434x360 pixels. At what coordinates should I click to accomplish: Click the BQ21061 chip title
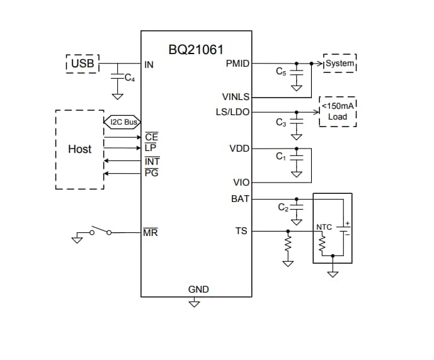(196, 49)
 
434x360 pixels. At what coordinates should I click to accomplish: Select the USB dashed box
(83, 64)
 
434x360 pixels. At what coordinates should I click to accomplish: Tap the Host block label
(79, 149)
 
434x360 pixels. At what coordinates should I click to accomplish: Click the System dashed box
(340, 64)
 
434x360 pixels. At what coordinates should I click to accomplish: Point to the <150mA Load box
(338, 111)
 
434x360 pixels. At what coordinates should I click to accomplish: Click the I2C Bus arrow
(122, 122)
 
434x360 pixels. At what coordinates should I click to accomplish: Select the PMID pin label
(237, 64)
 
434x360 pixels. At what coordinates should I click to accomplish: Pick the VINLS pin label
(236, 98)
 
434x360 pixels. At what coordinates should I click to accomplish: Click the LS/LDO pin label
(232, 112)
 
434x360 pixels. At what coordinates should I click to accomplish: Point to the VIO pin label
(241, 183)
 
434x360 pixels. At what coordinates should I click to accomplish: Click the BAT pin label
(241, 199)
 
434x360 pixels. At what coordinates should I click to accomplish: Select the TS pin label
(241, 231)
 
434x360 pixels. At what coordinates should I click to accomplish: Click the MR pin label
(151, 233)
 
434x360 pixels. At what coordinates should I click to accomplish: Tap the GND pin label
(198, 290)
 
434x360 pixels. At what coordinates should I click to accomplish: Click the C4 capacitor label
(129, 79)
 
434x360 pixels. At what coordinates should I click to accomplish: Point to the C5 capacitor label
(281, 72)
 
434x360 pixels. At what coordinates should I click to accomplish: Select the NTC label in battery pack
(324, 227)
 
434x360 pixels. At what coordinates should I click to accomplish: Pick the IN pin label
(149, 64)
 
